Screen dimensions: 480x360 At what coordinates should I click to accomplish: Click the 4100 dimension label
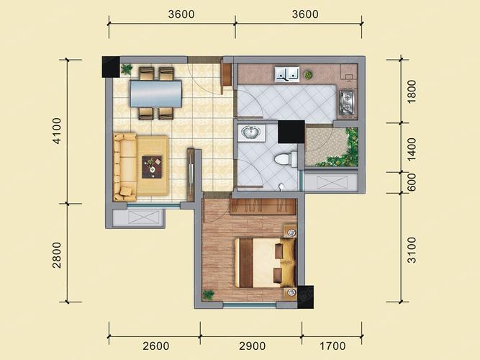click(x=58, y=131)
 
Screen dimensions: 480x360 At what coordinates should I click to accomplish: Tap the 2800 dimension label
click(x=57, y=255)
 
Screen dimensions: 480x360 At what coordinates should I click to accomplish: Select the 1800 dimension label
click(x=412, y=91)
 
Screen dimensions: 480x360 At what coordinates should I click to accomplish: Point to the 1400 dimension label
click(x=412, y=149)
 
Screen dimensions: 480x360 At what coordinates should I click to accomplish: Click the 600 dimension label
click(x=412, y=182)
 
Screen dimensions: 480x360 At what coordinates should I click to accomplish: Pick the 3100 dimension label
click(x=412, y=250)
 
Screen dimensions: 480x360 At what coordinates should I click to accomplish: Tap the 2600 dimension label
click(x=156, y=346)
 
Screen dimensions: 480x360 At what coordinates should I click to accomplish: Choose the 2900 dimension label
click(x=253, y=346)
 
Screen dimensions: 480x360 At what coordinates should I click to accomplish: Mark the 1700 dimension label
click(x=332, y=346)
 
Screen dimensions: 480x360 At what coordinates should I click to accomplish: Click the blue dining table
click(x=155, y=94)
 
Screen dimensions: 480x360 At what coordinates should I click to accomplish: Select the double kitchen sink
click(x=287, y=74)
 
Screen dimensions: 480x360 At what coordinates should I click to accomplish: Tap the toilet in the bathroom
click(x=285, y=159)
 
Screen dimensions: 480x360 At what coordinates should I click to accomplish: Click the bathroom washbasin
click(x=250, y=132)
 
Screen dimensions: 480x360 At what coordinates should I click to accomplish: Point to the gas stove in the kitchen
click(x=348, y=102)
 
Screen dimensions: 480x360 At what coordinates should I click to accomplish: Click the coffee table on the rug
click(x=152, y=167)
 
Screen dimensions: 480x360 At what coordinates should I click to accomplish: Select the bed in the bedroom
click(x=265, y=263)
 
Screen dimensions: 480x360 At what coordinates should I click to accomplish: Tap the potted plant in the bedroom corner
click(x=209, y=294)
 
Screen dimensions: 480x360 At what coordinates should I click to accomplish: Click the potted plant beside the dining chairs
click(x=126, y=69)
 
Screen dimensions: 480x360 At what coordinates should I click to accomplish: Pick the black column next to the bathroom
click(x=291, y=132)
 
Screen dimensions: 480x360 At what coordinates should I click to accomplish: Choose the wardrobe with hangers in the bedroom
click(x=263, y=206)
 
